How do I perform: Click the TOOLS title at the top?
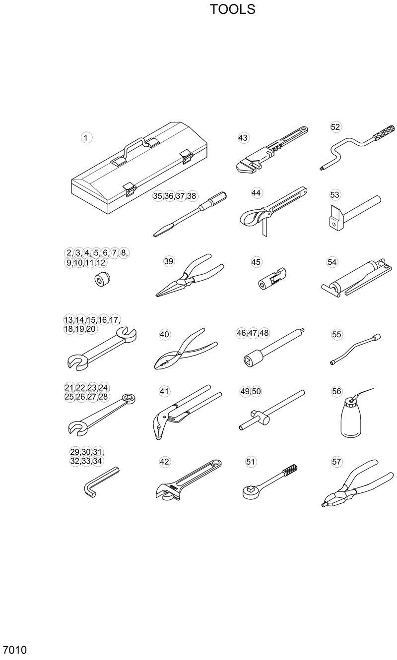[x=232, y=9]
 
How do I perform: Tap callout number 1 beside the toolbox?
[x=86, y=138]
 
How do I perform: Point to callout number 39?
[x=169, y=261]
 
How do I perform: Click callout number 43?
[x=243, y=138]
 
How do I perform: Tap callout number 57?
[x=337, y=462]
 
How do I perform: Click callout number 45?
[x=256, y=261]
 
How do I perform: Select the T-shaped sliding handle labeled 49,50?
[x=270, y=412]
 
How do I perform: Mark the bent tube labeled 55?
[x=354, y=350]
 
